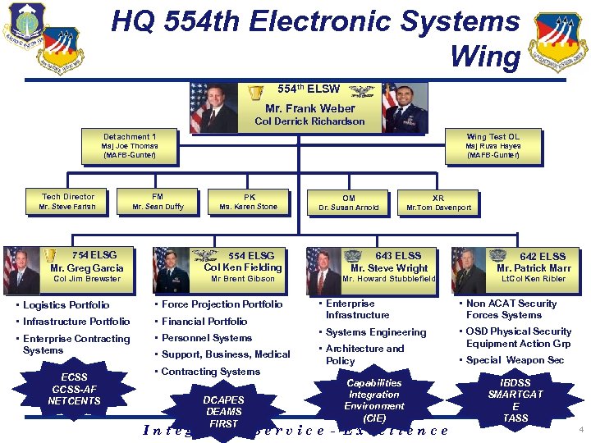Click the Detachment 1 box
tap(130, 146)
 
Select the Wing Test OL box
tap(492, 146)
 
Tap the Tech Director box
tap(68, 202)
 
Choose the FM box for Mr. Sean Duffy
tap(158, 202)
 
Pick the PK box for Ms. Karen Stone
tap(250, 202)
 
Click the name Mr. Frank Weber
tap(309, 108)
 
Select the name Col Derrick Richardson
tap(309, 121)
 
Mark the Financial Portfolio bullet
tap(204, 322)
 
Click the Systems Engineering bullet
tap(376, 332)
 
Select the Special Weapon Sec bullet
tap(515, 360)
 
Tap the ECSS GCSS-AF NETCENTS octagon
tap(74, 390)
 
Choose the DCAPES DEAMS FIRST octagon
tap(224, 410)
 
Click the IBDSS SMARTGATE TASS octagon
tap(515, 400)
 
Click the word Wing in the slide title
tap(485, 57)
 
